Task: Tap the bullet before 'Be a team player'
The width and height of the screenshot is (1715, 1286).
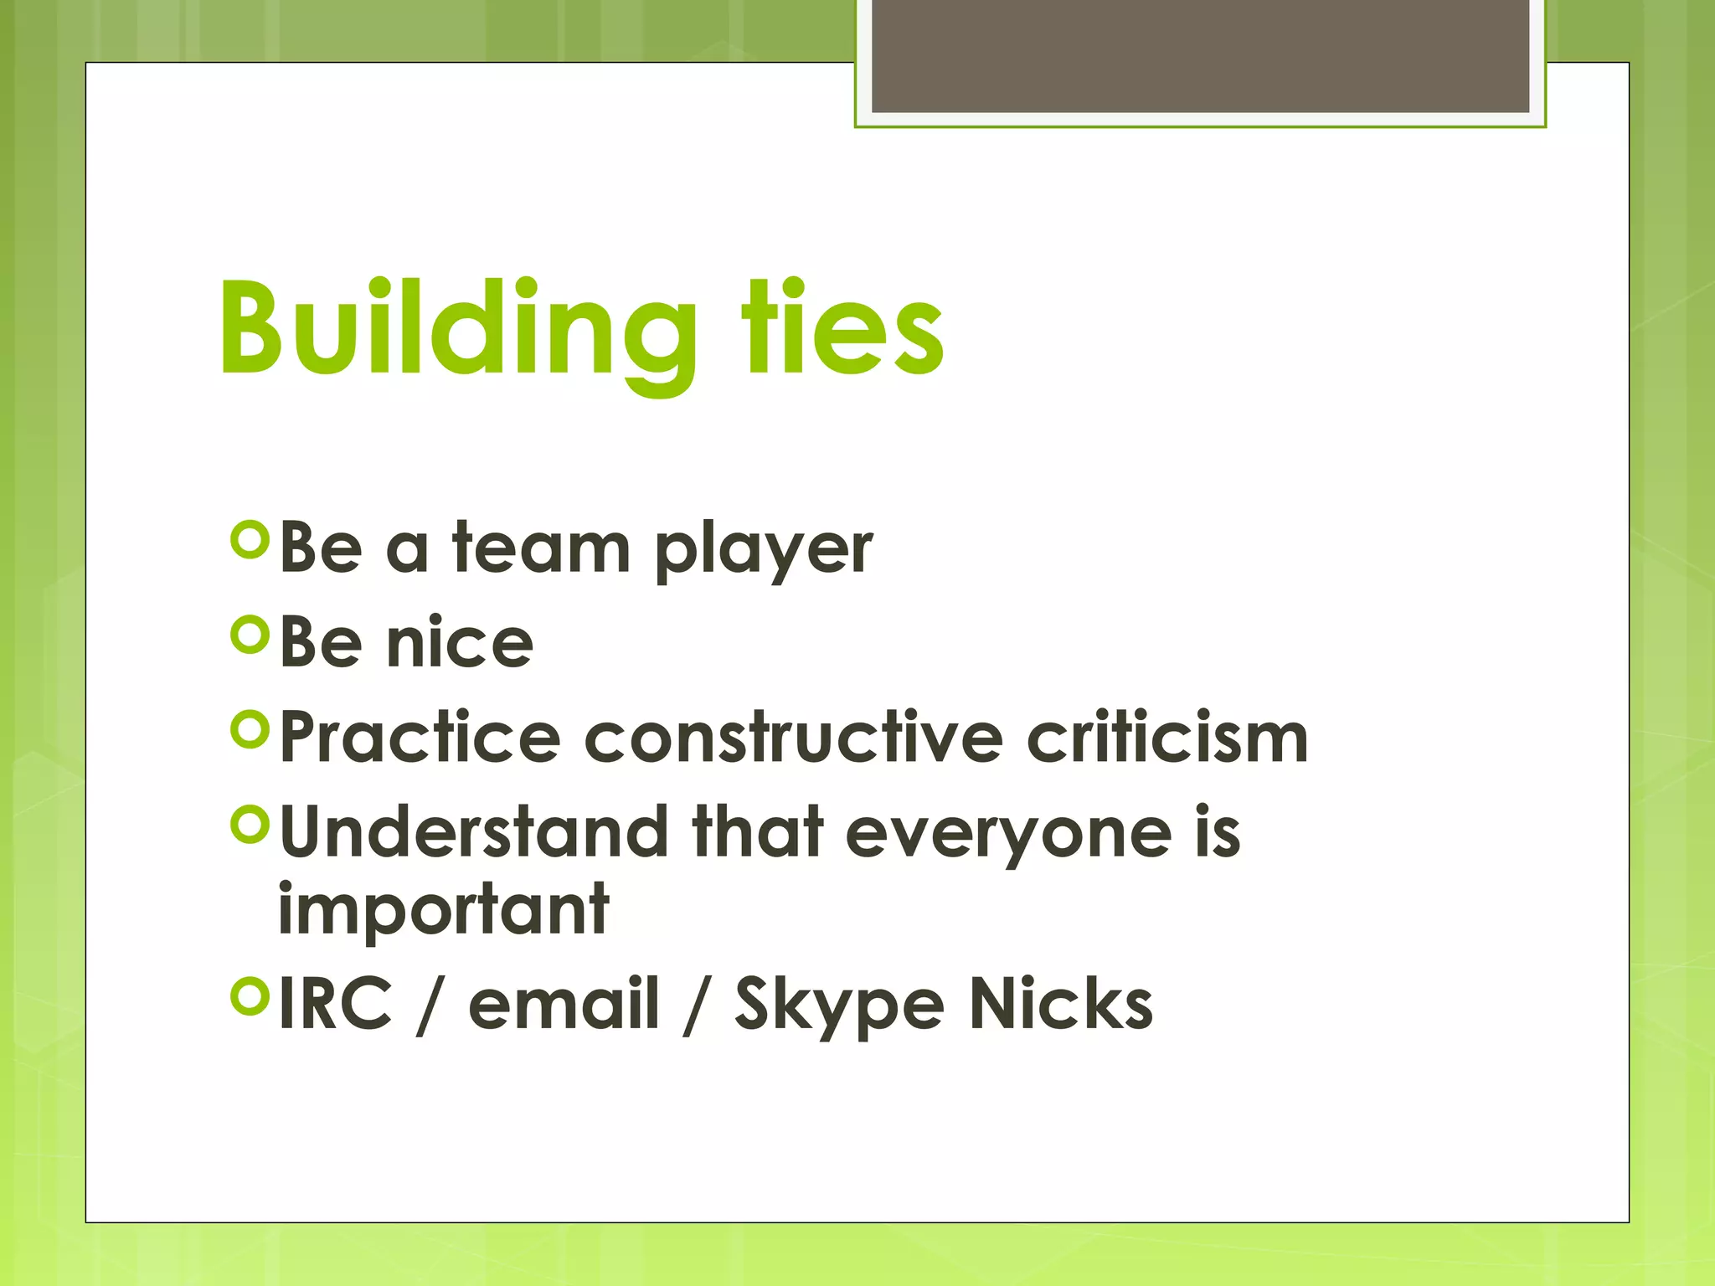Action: [x=250, y=541]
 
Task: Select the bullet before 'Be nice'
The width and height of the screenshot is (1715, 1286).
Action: [x=250, y=635]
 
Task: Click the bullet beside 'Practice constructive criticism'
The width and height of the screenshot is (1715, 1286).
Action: [x=250, y=730]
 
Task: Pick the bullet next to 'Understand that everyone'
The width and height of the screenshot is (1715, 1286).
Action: [x=250, y=825]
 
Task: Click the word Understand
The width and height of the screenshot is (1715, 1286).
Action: [x=473, y=832]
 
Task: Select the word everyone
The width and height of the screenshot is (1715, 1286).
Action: [x=1008, y=836]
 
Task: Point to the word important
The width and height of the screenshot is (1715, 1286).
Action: [x=443, y=913]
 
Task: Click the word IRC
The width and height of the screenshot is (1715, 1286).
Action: [x=335, y=1004]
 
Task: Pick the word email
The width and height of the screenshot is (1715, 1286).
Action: [x=564, y=1004]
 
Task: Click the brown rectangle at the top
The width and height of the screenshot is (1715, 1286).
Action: [x=1200, y=55]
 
